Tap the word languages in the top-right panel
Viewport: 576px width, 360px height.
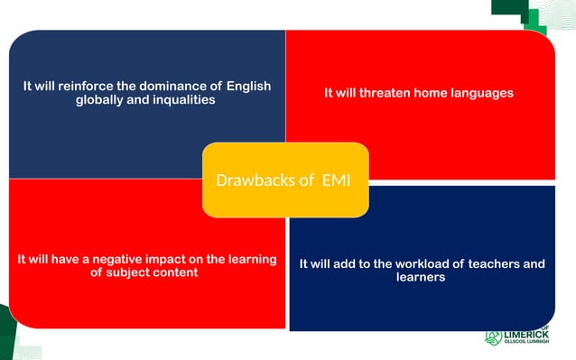(x=484, y=93)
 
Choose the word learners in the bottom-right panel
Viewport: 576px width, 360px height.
(x=421, y=278)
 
